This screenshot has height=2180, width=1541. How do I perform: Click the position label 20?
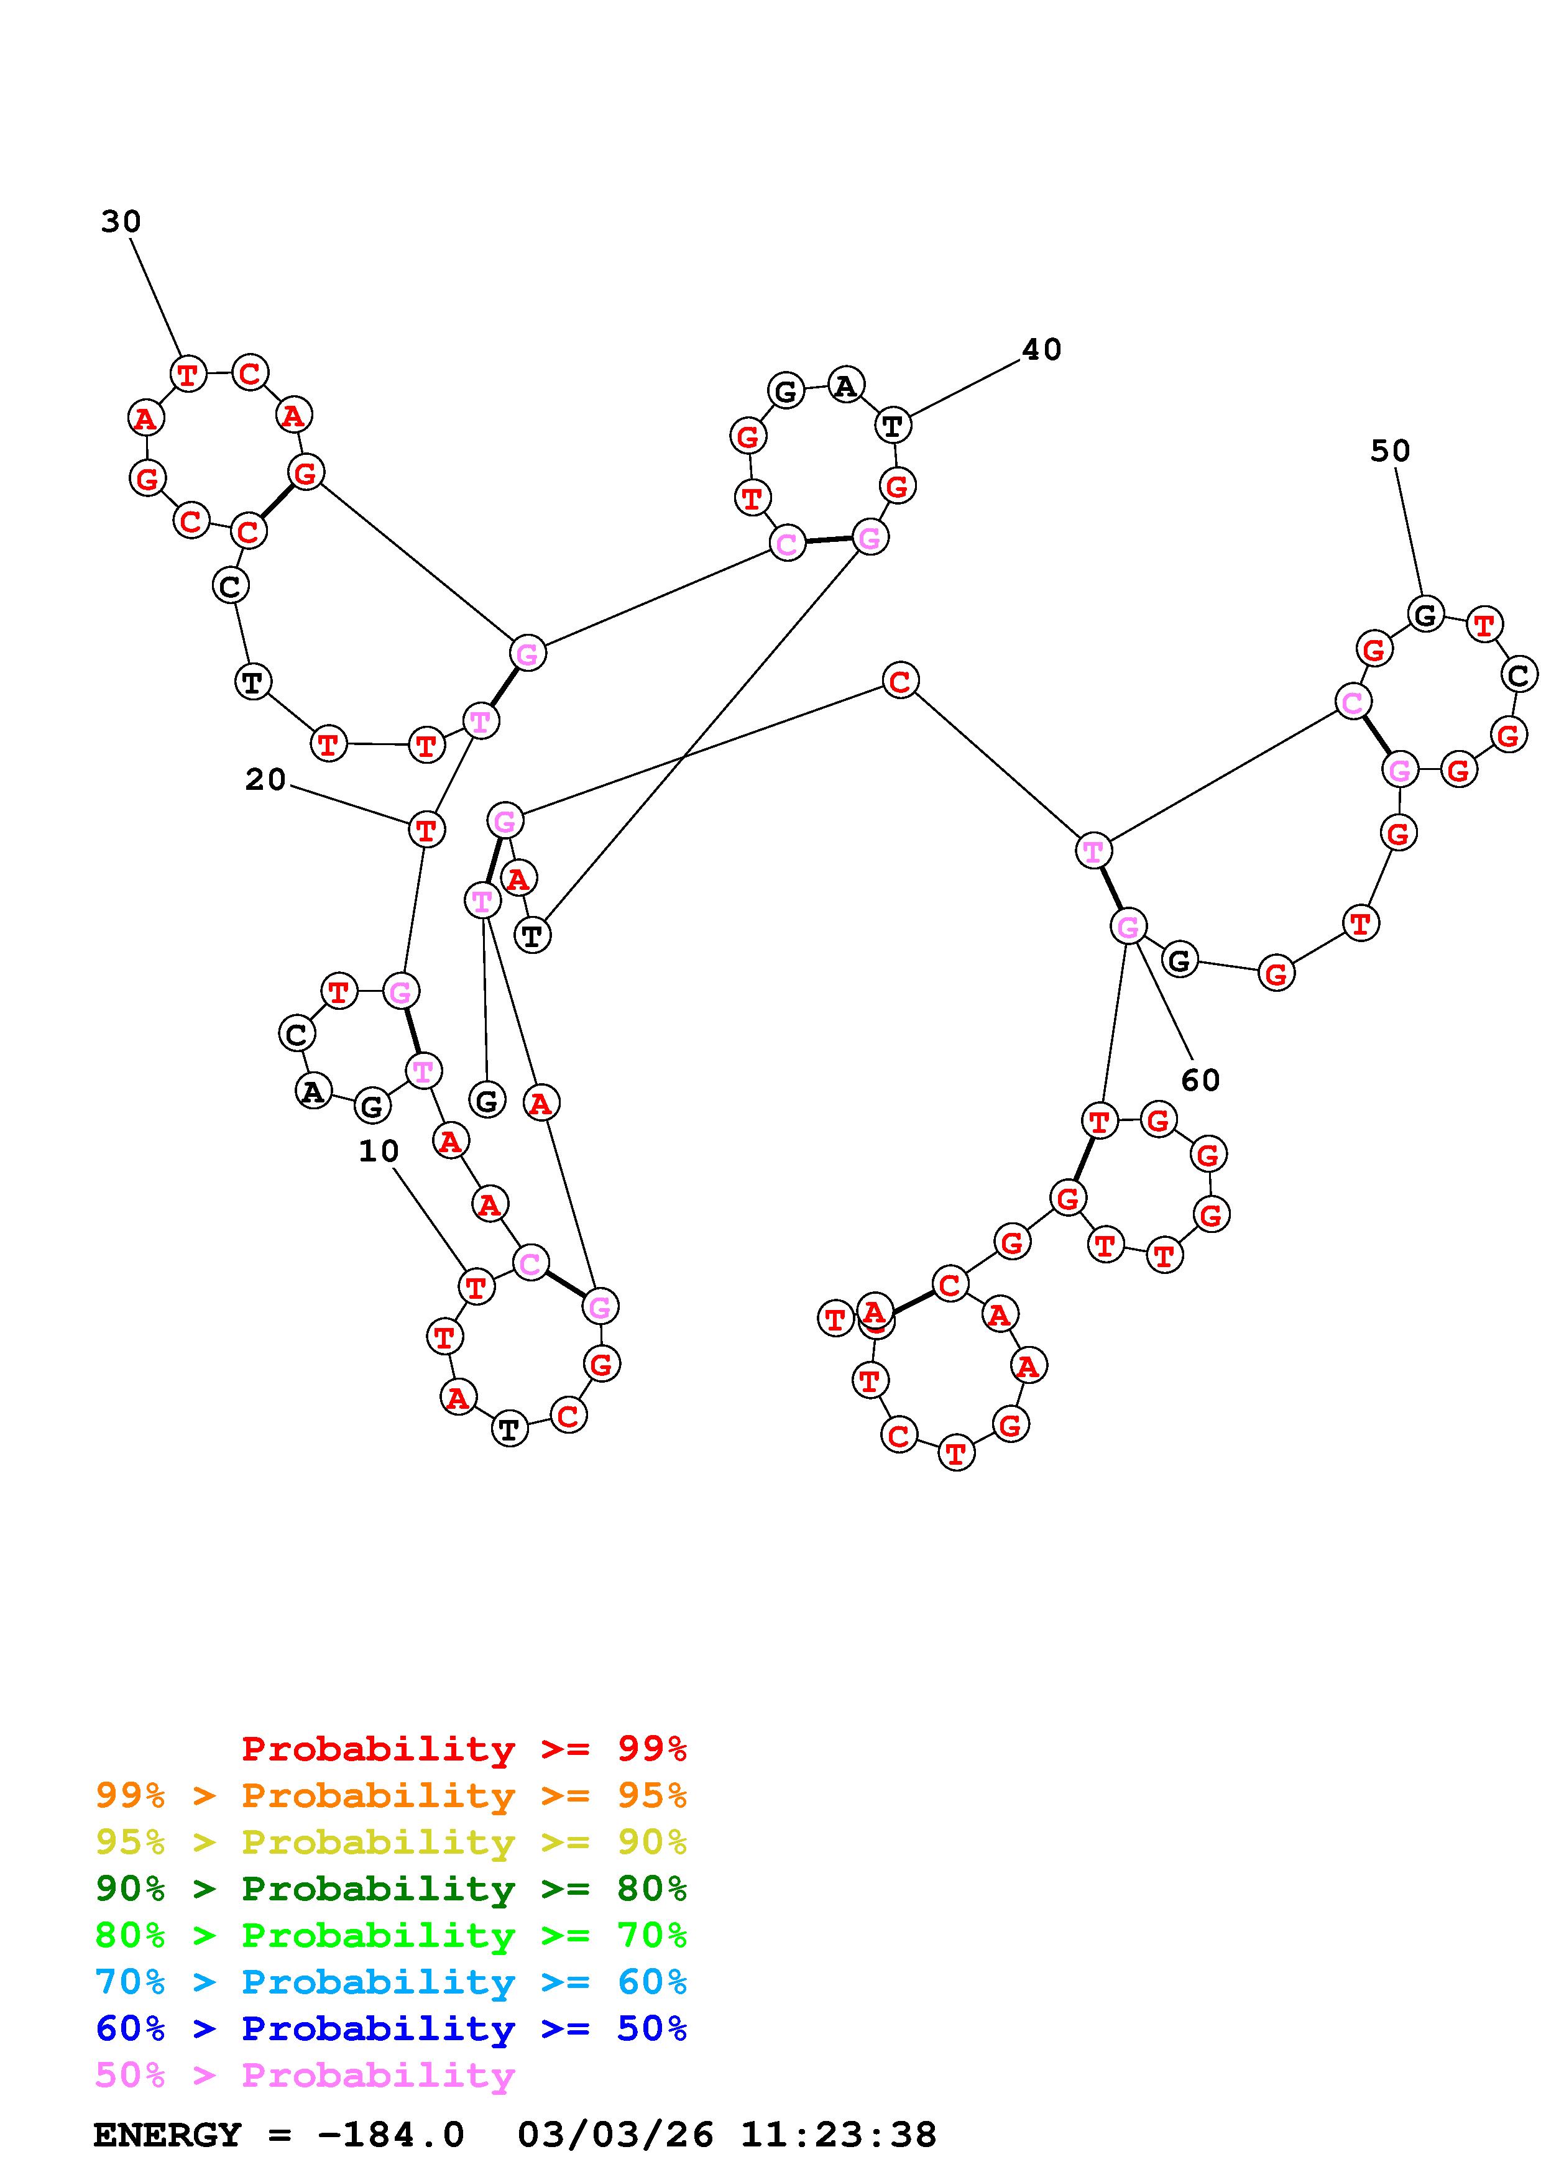click(265, 779)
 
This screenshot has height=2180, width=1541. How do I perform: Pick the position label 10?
click(378, 1152)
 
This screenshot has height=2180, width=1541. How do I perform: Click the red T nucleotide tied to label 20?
click(426, 830)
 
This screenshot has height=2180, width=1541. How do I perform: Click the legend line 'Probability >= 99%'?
click(463, 1749)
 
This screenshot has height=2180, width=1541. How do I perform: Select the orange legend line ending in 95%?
click(391, 1795)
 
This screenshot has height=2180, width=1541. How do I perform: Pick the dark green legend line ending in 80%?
click(391, 1889)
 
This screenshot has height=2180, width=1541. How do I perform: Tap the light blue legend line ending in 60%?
click(391, 1982)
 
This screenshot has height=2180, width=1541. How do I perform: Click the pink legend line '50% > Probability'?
click(305, 2074)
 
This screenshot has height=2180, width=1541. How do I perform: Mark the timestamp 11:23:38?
click(839, 2135)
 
